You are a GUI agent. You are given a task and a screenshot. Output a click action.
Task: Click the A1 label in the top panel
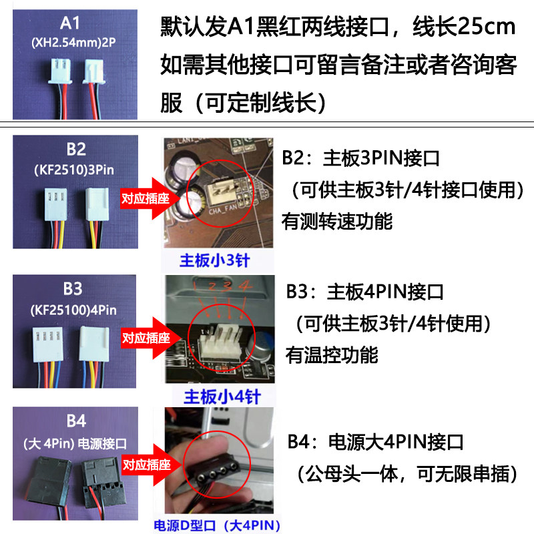70,23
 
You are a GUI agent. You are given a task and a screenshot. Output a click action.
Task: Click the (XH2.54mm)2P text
73,43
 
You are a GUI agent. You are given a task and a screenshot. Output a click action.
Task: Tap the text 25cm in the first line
487,26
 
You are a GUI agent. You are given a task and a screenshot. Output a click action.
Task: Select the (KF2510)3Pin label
74,170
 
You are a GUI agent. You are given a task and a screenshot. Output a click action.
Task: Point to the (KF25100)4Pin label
73,310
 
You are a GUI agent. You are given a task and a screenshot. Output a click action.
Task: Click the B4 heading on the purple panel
77,421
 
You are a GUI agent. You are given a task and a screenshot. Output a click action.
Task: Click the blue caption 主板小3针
215,260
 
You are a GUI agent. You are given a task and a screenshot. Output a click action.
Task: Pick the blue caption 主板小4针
222,396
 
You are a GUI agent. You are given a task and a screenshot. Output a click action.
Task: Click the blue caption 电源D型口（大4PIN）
217,525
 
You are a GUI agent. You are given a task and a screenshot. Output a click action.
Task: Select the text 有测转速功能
337,222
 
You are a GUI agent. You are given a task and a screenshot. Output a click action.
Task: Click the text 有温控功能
332,355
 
